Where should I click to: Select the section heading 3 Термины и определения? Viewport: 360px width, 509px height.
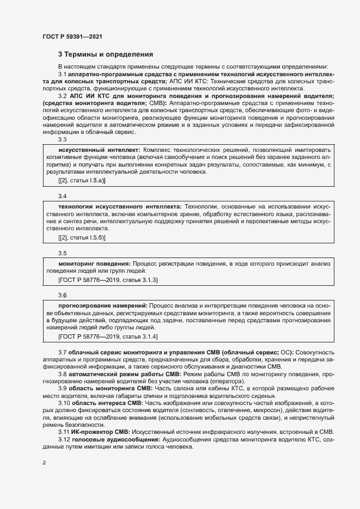point(106,54)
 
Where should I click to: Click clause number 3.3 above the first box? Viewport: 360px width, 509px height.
point(62,139)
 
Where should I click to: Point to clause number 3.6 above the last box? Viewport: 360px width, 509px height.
point(62,295)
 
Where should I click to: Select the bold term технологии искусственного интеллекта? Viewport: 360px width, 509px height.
point(120,207)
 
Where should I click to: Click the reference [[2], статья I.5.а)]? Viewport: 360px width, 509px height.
point(82,180)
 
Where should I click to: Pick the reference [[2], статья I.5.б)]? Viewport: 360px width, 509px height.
point(82,237)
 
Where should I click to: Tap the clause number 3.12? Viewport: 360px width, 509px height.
point(64,424)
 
